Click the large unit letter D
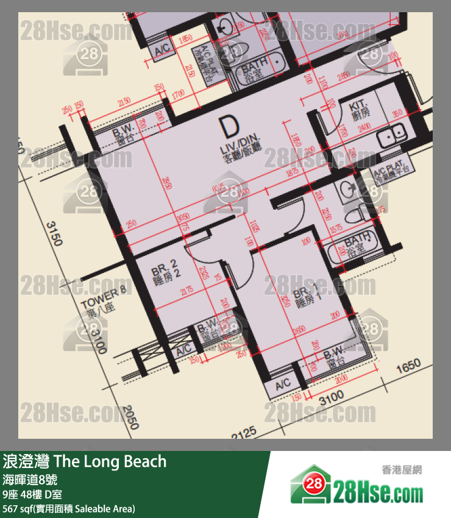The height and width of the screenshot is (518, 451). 229,128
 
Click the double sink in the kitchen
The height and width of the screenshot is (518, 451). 391,136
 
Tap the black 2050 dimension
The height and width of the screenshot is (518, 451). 126,419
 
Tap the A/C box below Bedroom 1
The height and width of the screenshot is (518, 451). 282,385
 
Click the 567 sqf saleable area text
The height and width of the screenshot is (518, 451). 69,508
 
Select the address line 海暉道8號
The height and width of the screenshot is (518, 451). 30,479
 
